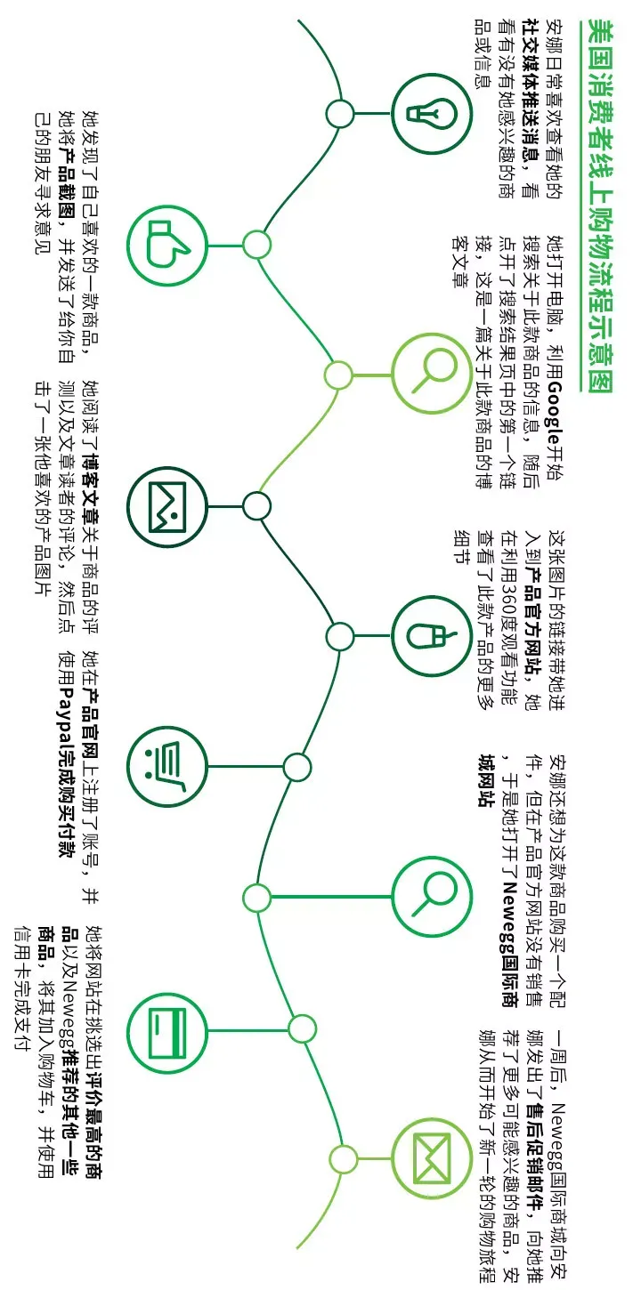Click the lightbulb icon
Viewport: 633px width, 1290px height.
coord(432,114)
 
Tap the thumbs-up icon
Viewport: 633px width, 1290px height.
coord(166,244)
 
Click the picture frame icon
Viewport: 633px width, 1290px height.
coord(167,507)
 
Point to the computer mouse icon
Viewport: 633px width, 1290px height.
coord(433,636)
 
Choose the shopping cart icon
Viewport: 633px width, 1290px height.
coord(166,767)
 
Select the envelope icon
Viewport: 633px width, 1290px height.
coord(432,1158)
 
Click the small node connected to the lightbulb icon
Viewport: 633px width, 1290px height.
coord(340,114)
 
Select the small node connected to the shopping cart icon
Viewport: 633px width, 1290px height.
coord(296,767)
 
